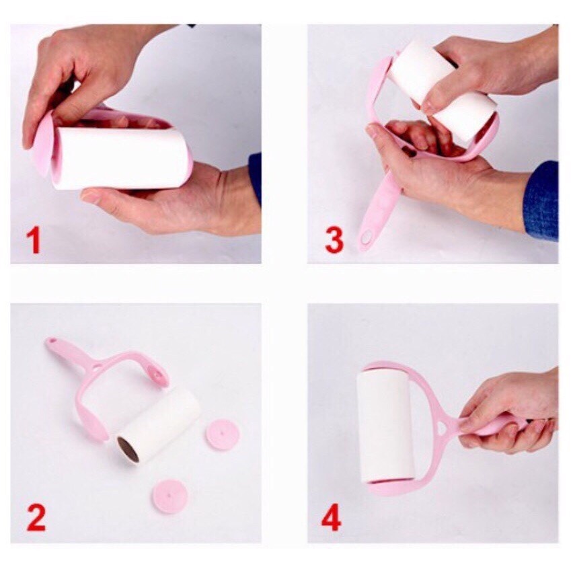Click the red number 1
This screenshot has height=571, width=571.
click(x=34, y=239)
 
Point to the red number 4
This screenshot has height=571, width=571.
click(x=332, y=517)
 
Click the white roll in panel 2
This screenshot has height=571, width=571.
click(x=159, y=425)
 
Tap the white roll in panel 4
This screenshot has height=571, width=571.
click(x=385, y=425)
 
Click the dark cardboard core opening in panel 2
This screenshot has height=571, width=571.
click(x=128, y=449)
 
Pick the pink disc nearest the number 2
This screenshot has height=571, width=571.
click(x=170, y=496)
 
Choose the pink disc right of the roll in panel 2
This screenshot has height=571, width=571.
click(x=222, y=434)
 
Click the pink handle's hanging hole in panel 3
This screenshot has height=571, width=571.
click(x=365, y=239)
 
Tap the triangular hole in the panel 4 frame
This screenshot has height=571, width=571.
click(x=443, y=427)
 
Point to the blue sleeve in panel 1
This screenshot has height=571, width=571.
click(x=256, y=176)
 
